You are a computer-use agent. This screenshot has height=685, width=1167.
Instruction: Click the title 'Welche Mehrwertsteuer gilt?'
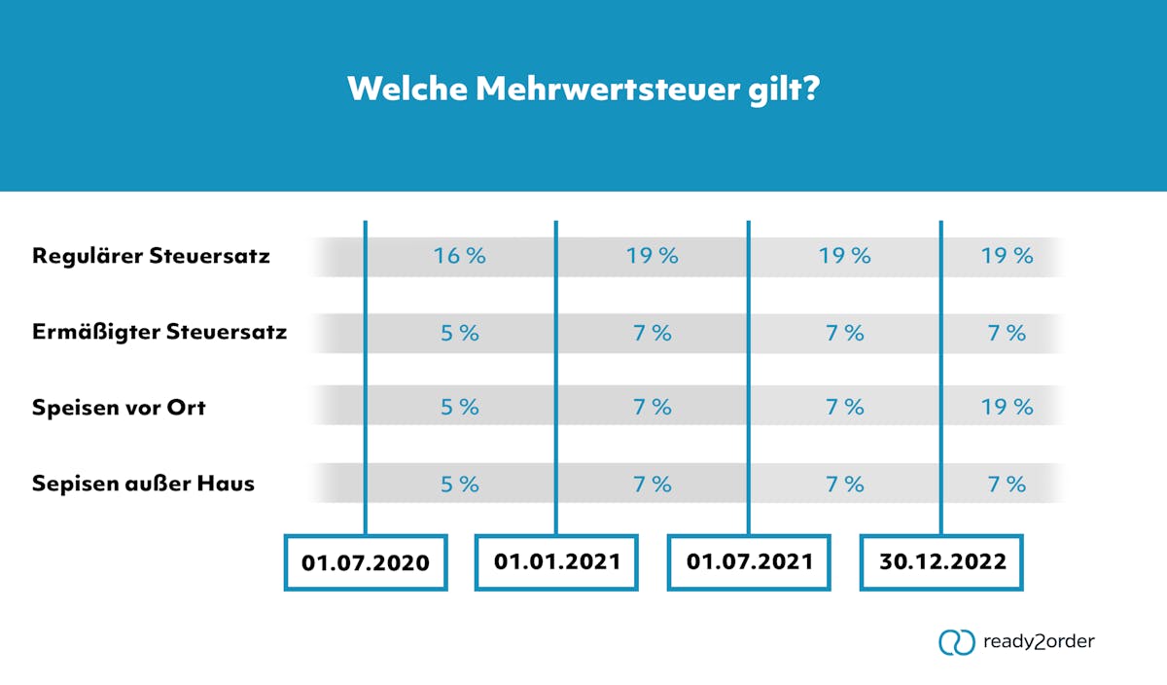click(584, 90)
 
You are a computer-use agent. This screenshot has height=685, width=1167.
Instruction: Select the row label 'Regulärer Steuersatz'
click(151, 257)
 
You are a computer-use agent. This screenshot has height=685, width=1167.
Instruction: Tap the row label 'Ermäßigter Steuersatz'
click(159, 333)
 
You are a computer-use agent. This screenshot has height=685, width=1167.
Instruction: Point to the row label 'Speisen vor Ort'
click(119, 407)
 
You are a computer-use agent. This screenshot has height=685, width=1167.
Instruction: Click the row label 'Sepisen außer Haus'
click(143, 483)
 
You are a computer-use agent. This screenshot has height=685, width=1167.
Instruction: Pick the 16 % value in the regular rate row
click(459, 257)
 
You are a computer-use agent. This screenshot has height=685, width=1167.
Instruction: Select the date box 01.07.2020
click(366, 562)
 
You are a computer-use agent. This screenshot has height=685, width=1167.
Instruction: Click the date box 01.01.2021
click(556, 561)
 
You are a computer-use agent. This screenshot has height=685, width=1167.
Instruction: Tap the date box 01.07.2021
click(749, 561)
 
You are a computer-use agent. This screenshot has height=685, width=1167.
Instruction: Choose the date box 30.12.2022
click(940, 561)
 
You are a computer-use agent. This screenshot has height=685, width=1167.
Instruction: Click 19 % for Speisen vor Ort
click(1007, 407)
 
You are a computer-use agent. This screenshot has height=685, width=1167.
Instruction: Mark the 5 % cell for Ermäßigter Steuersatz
click(459, 333)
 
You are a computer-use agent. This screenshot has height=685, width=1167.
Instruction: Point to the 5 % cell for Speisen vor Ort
click(459, 407)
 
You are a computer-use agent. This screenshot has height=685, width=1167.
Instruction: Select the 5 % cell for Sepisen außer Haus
click(459, 484)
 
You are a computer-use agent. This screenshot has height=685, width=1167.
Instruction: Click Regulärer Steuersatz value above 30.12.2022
click(1007, 257)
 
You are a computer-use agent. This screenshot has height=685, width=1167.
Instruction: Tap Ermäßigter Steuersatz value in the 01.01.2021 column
click(652, 333)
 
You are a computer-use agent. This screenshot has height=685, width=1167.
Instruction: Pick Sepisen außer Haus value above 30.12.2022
click(1007, 484)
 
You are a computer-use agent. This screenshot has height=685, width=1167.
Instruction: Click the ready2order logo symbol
click(955, 642)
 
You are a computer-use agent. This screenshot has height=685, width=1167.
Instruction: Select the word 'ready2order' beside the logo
click(1039, 642)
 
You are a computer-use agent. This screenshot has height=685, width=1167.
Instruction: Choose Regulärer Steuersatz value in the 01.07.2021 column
click(844, 257)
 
